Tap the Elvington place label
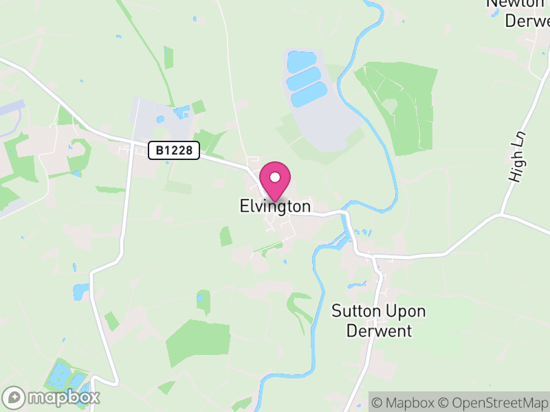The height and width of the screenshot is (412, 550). (275, 206)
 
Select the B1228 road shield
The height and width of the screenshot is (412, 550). (173, 150)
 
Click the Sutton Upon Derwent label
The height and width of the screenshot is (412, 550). (378, 321)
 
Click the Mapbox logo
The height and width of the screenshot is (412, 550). (52, 397)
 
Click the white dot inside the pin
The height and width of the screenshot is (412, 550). (275, 177)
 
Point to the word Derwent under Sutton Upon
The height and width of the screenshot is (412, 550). (379, 330)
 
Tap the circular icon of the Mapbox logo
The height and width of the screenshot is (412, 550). (14, 397)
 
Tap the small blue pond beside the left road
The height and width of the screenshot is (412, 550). (81, 291)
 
